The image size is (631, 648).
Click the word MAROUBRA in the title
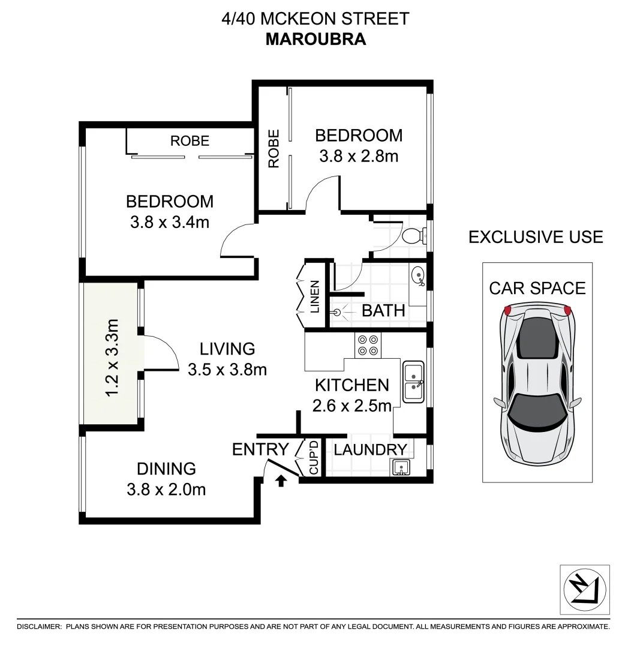click(315, 39)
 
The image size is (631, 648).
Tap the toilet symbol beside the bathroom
click(413, 235)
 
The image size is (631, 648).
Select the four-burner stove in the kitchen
click(367, 344)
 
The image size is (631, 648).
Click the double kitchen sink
click(413, 382)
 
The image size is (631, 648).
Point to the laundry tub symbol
click(401, 466)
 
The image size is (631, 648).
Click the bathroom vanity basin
click(418, 277)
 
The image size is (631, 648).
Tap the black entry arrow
click(280, 479)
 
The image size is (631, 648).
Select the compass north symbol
click(584, 589)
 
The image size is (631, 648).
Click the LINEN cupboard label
click(314, 297)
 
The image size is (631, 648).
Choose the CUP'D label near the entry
click(313, 458)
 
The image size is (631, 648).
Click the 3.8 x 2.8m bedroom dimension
click(359, 156)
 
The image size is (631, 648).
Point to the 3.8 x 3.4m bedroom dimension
click(169, 222)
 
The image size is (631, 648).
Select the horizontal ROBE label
click(190, 141)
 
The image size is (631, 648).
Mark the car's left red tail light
click(507, 310)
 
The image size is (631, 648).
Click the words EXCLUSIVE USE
click(535, 237)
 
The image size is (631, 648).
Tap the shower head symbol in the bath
click(338, 312)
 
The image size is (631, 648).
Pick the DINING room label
click(166, 468)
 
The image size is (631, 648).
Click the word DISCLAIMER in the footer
click(39, 626)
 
